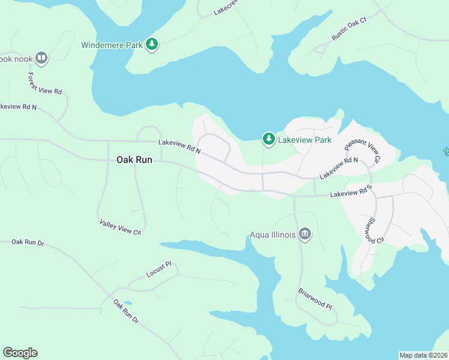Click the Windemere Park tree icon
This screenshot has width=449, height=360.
(152, 44)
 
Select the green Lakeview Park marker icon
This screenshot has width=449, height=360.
(268, 139)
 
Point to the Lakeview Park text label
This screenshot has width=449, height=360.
(304, 140)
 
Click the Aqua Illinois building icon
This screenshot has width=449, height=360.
(305, 234)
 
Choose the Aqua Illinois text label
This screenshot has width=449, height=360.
(273, 235)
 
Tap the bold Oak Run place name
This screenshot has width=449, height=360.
(133, 160)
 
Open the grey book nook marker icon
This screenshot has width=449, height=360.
(41, 58)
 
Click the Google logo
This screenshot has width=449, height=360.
(20, 353)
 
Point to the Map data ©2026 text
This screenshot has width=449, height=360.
(423, 355)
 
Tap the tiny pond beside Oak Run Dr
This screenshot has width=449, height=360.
(126, 303)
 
